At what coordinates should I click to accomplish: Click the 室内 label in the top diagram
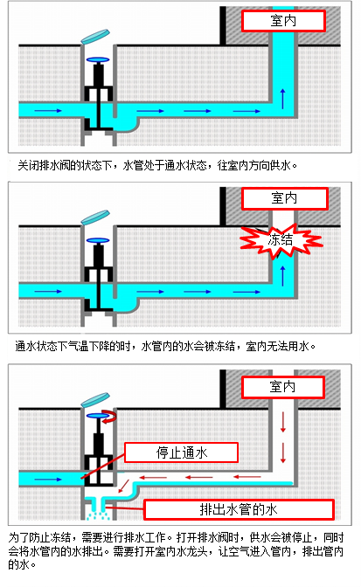tap(283, 21)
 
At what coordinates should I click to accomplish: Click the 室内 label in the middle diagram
tap(285, 198)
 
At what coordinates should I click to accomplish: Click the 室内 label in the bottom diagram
tap(282, 387)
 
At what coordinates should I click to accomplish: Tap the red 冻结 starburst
tap(281, 240)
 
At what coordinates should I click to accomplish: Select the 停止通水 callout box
tap(181, 452)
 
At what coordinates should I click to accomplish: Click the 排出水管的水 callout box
tap(239, 509)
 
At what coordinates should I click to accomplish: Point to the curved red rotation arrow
tap(110, 415)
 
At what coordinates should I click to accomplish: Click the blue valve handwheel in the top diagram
tap(98, 59)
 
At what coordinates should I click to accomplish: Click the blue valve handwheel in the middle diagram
tap(98, 241)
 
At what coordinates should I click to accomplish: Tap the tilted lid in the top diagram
tap(95, 37)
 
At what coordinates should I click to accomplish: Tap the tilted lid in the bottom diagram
tap(95, 400)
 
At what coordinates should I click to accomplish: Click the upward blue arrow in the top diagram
tap(282, 99)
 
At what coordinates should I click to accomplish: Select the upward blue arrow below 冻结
tap(282, 276)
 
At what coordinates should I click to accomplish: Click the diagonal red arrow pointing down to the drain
tap(123, 487)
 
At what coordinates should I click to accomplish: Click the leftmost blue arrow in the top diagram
tap(48, 110)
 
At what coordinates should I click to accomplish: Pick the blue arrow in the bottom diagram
tap(48, 480)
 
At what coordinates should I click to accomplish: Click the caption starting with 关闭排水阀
tap(157, 165)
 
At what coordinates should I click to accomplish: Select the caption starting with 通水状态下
tap(165, 346)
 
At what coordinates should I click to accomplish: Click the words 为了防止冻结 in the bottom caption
tap(39, 537)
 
